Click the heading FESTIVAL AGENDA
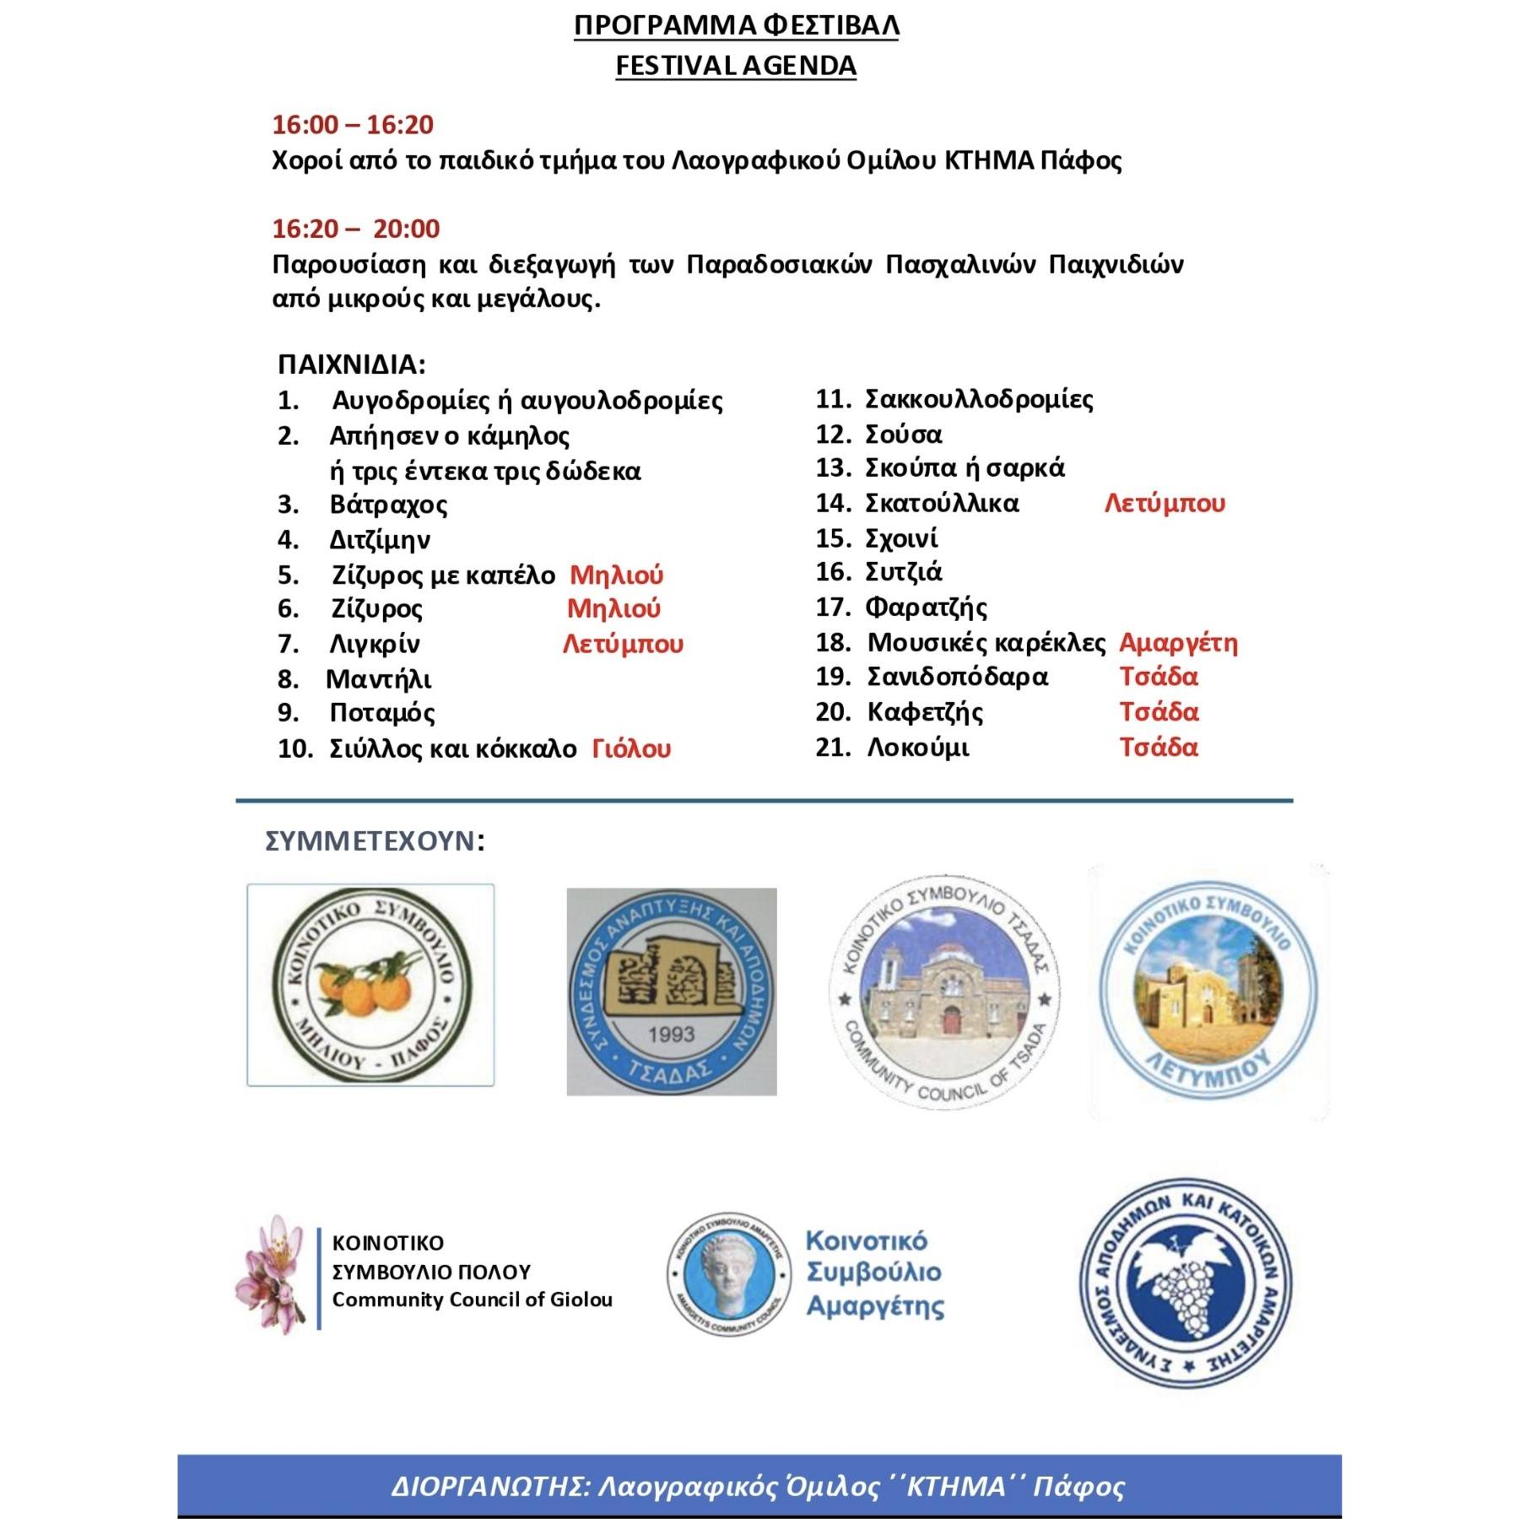tap(735, 65)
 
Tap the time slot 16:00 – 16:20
tap(352, 125)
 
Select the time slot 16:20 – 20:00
tap(355, 229)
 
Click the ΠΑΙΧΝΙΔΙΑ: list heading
tap(351, 365)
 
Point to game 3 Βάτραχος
tap(388, 505)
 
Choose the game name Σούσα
tap(903, 435)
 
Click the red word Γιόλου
tap(631, 749)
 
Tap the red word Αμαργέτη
tap(1178, 643)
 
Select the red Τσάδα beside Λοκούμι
tap(1159, 747)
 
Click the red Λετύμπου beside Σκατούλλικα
tap(1165, 504)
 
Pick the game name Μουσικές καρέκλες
tap(986, 643)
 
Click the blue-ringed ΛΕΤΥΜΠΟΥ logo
tap(1208, 992)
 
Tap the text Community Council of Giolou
tap(472, 1300)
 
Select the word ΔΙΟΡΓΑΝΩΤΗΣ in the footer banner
tap(488, 1486)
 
